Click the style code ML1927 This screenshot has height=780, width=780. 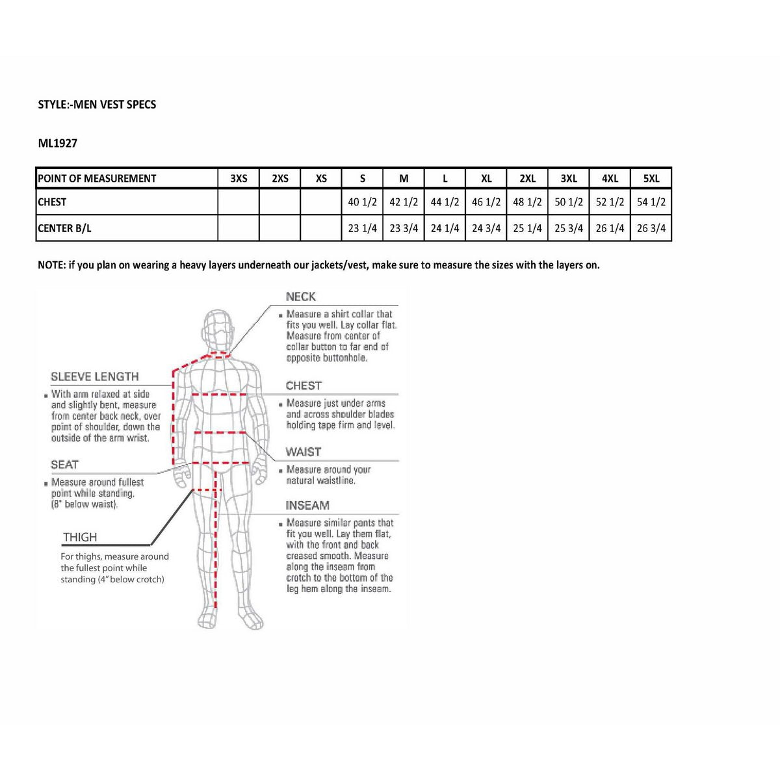pos(58,143)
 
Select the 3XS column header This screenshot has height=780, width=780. pos(239,179)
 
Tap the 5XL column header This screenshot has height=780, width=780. pos(651,179)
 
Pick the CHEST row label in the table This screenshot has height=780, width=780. pos(52,202)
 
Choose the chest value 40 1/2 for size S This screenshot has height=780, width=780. pos(362,202)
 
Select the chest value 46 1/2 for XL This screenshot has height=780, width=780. pos(486,202)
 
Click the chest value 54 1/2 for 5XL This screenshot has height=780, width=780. pos(651,202)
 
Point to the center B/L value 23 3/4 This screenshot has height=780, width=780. pos(404,228)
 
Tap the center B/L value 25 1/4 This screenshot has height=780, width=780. pos(527,228)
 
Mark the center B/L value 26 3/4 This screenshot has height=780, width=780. pos(651,228)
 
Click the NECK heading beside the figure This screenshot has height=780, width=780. pos(300,297)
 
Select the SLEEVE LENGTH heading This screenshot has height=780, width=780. pos(95,377)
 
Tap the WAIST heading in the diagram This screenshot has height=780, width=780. pos(304,452)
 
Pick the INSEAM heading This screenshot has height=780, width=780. pos(307,506)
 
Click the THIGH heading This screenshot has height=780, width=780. pos(80,538)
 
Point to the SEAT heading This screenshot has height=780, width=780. pos(64,465)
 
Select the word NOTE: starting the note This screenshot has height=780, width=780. pos(52,265)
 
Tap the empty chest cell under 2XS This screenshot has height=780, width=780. pos(279,202)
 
